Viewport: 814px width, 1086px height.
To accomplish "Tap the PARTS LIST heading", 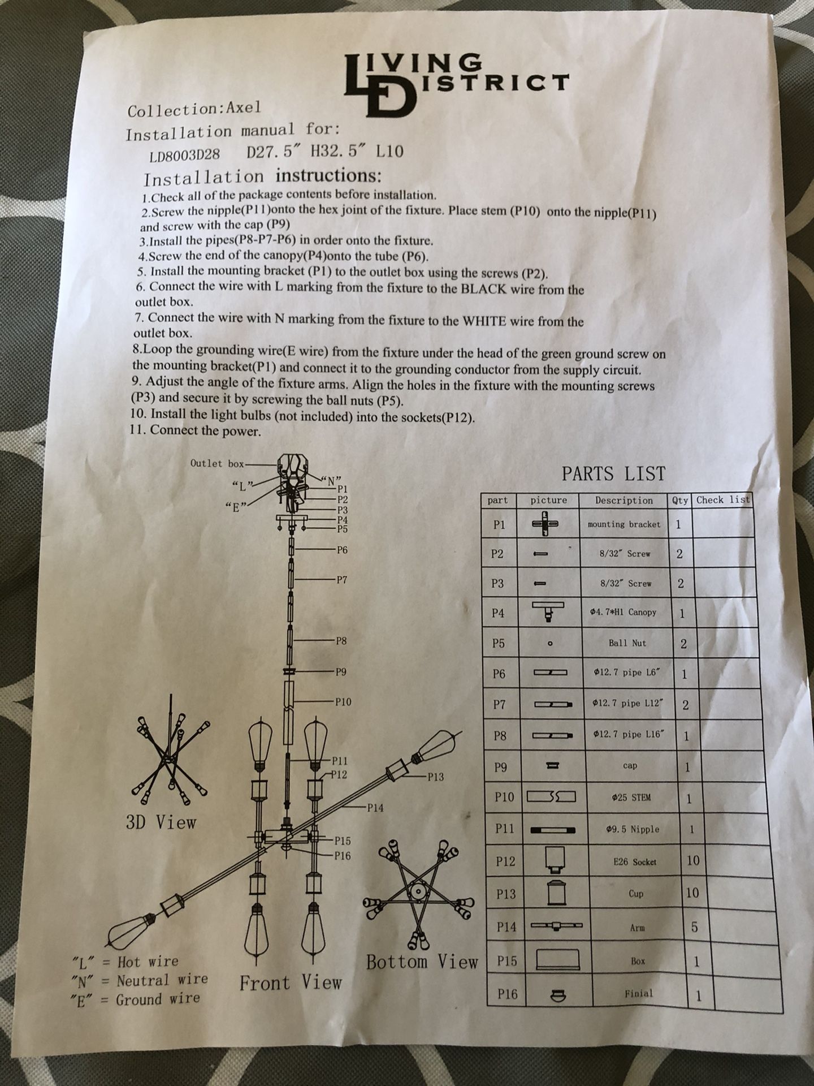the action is pos(613,473).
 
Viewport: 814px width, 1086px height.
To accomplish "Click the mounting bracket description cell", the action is pos(624,524).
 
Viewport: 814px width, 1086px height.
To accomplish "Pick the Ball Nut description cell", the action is pos(627,643).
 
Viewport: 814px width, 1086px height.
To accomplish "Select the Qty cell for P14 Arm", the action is pos(694,927).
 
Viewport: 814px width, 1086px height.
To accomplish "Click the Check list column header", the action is pos(723,500).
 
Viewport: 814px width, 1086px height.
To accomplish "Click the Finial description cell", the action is pos(639,993).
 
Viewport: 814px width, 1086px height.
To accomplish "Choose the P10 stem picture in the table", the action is pos(551,797).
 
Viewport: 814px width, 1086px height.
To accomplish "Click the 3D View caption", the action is pos(161,822).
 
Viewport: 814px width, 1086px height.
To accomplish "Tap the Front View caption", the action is pos(291,982).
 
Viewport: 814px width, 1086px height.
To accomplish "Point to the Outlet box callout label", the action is pos(218,463).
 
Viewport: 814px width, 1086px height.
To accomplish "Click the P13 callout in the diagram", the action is pos(435,777).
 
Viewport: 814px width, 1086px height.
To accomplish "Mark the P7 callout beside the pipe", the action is pos(341,579).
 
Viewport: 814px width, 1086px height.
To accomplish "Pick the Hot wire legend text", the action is pos(148,961).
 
